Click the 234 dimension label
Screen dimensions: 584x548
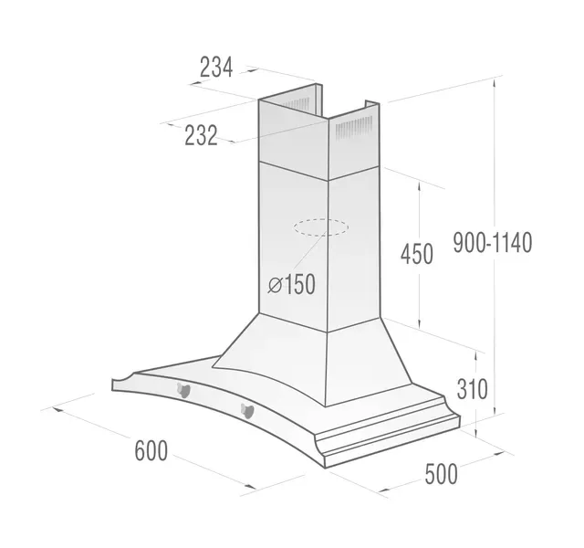(x=216, y=67)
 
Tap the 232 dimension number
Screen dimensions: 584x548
(x=201, y=135)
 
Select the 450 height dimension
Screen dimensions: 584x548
(x=417, y=254)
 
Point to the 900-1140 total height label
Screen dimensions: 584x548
(x=493, y=243)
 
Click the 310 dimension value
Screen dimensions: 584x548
(x=472, y=389)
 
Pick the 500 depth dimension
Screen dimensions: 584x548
(x=441, y=474)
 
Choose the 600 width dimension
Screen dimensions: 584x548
(x=151, y=450)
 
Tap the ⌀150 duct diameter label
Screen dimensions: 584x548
(x=292, y=284)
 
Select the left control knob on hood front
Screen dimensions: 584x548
(x=183, y=390)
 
